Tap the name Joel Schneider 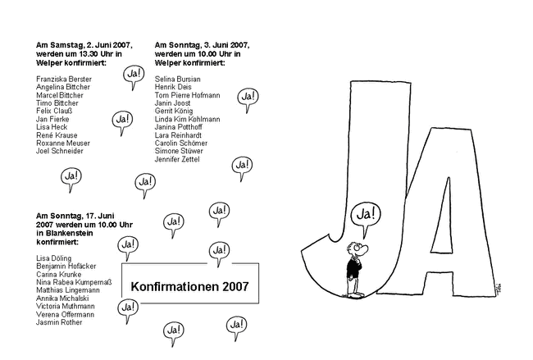(x=60, y=151)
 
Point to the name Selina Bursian (x=177, y=78)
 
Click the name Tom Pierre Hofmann (x=187, y=94)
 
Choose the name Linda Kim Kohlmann (x=187, y=119)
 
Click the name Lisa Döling (x=54, y=257)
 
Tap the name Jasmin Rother (x=60, y=321)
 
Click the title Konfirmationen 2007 (x=177, y=286)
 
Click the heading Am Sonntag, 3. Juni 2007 (x=201, y=45)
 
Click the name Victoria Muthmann (x=66, y=305)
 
